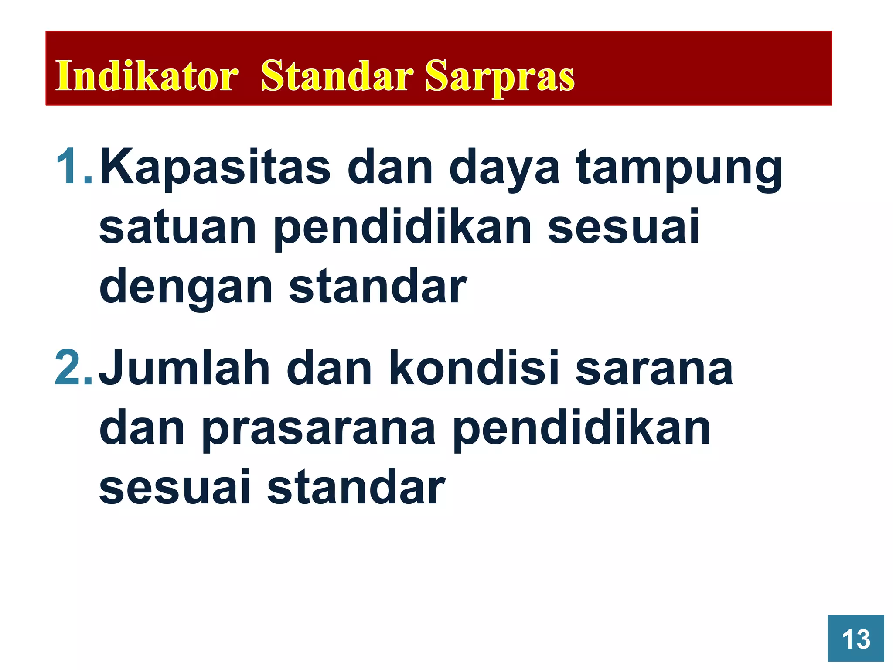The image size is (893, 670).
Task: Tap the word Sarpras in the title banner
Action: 500,77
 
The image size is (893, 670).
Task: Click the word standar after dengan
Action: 378,287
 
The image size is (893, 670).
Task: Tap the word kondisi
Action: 474,369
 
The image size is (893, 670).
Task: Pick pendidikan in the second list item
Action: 582,430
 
